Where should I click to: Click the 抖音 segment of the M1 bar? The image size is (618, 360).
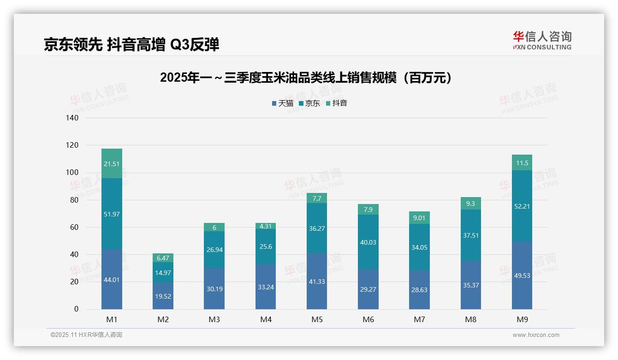[112, 163]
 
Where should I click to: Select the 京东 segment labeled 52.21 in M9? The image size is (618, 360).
[522, 206]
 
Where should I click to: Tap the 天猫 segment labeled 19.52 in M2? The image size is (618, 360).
[163, 296]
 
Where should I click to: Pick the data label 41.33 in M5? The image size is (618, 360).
[317, 282]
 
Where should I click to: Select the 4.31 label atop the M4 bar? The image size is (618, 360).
[266, 226]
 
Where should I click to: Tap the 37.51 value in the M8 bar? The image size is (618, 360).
[470, 235]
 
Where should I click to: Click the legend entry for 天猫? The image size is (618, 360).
[282, 103]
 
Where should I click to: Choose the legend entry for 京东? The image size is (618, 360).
[309, 103]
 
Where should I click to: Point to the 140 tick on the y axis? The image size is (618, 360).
[72, 118]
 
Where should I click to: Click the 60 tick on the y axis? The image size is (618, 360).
[74, 228]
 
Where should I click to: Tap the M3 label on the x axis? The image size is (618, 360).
[214, 319]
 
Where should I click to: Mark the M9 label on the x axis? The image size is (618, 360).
[522, 319]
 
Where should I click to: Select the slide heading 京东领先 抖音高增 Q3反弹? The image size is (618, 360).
[131, 45]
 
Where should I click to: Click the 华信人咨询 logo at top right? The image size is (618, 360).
[542, 40]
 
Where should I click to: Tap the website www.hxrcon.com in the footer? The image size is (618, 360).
[536, 335]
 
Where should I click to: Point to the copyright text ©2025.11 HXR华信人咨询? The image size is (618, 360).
[86, 335]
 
